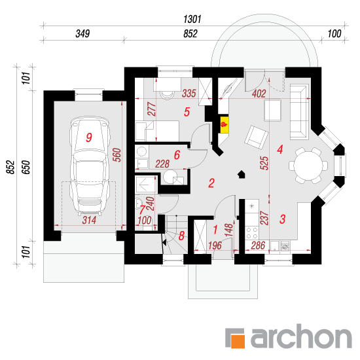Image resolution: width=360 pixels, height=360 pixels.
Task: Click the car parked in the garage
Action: point(89,166)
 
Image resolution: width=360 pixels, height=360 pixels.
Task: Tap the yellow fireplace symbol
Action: point(225,124)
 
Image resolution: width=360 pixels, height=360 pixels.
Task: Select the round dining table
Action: point(308,166)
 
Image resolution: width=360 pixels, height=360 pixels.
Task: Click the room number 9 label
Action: point(89,137)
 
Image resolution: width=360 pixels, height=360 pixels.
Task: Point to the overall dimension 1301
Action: point(192,19)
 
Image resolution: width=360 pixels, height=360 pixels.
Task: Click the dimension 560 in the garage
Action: point(117,155)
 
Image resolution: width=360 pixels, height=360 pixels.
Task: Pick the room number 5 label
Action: point(187,112)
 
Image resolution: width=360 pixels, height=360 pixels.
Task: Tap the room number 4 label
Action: point(280,150)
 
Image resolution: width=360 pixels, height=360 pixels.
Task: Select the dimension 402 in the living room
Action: point(259,94)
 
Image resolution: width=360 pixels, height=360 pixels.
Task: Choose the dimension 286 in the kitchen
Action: point(259,245)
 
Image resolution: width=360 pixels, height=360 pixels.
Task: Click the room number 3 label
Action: point(282,219)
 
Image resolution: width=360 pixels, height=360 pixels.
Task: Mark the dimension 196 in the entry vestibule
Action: point(215,245)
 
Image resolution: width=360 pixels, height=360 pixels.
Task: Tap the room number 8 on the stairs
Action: point(181,236)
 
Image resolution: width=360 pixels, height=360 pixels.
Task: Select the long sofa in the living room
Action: point(299,112)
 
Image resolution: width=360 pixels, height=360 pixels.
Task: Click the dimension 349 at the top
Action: point(82,34)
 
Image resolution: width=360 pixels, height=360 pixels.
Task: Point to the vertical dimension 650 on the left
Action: point(26,167)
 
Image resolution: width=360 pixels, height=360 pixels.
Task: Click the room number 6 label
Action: point(177,155)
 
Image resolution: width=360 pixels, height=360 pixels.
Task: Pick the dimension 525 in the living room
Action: point(264,163)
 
